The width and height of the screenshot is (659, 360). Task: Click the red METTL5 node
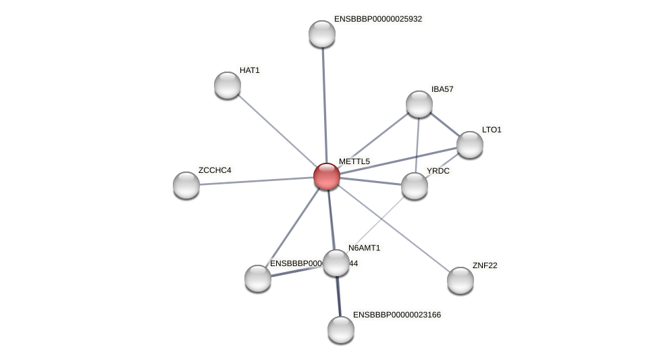[327, 176]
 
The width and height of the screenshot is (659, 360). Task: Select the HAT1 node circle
[228, 85]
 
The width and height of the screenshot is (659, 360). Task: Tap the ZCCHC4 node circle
[186, 185]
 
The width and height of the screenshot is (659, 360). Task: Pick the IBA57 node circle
[419, 104]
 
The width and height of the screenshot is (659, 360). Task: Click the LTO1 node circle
[470, 145]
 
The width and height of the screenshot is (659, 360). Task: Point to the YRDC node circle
[415, 186]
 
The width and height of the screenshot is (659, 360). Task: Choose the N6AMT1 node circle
[336, 263]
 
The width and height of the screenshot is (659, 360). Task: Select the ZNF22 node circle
[460, 280]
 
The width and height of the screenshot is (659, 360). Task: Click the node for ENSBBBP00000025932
[322, 34]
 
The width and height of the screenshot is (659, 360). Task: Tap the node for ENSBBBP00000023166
[341, 330]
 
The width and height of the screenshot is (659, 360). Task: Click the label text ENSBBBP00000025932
[377, 19]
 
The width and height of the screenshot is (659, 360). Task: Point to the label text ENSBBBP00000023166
[396, 315]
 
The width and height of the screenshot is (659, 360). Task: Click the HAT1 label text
[249, 70]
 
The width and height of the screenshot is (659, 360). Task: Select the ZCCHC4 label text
[215, 170]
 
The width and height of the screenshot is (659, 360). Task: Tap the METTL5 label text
[354, 161]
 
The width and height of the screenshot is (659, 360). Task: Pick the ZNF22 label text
[484, 265]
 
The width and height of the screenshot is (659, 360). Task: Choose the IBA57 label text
[442, 89]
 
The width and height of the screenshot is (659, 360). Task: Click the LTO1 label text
[492, 130]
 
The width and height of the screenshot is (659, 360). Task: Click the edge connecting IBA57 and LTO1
[444, 124]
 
